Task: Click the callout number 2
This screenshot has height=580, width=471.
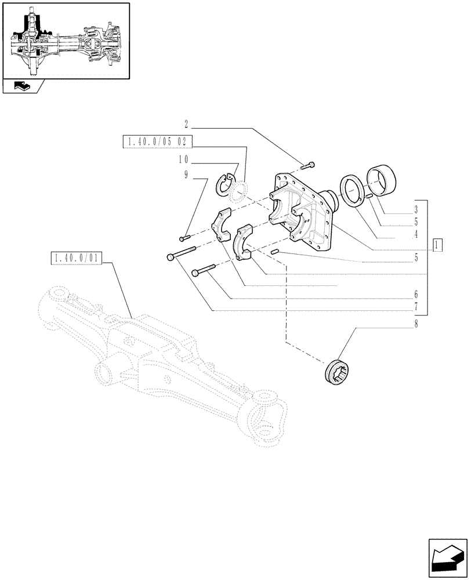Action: click(x=186, y=124)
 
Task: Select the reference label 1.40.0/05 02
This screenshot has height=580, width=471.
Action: click(x=158, y=142)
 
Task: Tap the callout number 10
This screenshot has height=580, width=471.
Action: click(x=183, y=159)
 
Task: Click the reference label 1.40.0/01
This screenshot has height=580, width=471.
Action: click(x=76, y=258)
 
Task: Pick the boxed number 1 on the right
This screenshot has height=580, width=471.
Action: click(x=437, y=244)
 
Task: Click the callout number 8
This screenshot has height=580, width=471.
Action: click(x=416, y=325)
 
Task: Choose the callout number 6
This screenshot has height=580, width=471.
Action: click(x=416, y=295)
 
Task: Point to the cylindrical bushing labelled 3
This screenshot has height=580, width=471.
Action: click(x=382, y=180)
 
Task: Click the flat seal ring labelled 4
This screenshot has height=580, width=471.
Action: click(x=352, y=189)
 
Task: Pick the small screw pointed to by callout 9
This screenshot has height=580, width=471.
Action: click(x=185, y=237)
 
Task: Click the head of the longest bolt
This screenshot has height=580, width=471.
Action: click(x=170, y=257)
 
